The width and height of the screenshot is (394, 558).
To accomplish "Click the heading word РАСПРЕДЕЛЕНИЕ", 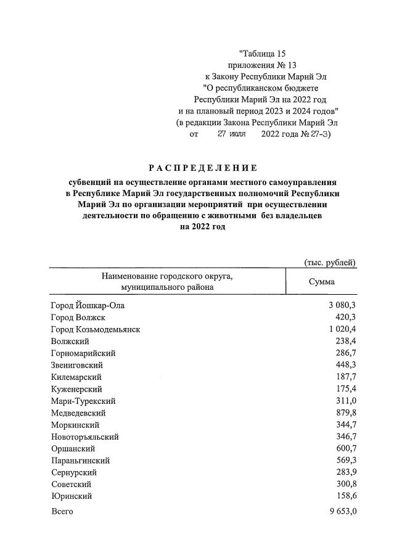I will click(202, 168).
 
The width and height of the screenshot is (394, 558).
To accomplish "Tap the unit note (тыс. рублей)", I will click(330, 263).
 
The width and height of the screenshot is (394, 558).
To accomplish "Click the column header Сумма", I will click(321, 282).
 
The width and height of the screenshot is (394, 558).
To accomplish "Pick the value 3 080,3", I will click(341, 305).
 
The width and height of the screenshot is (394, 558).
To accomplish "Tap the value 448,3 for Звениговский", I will click(345, 365).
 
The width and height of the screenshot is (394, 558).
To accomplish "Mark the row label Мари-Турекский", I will click(83, 401).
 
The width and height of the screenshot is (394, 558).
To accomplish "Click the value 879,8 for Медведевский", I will click(345, 412).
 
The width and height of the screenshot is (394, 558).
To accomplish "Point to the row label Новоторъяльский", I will click(84, 437).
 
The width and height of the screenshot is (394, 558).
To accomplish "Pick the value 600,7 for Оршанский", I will click(345, 448).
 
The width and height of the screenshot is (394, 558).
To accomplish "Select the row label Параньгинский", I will click(80, 460).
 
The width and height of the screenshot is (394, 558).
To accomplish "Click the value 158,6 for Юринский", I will click(345, 496).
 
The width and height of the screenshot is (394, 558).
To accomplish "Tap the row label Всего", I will click(62, 512).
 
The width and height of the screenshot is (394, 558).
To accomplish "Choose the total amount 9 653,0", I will click(341, 512).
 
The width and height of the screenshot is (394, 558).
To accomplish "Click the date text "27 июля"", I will click(231, 133).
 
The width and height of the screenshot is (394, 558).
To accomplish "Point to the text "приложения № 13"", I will click(262, 65).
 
